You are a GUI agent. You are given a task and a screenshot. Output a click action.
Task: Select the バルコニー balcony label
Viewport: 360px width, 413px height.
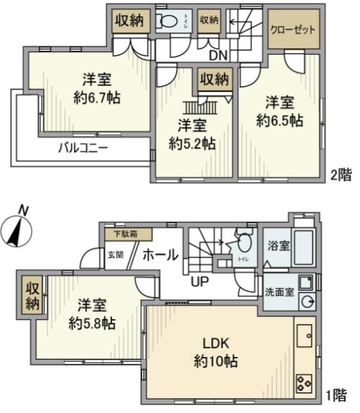coord(83,147)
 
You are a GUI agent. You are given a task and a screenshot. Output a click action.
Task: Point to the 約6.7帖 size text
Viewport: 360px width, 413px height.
coord(98,99)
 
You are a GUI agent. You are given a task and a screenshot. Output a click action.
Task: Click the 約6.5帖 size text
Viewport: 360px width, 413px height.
coord(280,120)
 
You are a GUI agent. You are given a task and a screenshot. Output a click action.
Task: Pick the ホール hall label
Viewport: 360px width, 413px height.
coord(159,254)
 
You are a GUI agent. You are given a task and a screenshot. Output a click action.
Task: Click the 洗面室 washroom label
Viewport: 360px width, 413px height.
coord(280,292)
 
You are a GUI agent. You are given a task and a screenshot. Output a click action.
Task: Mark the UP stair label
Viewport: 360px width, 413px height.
coord(198,280)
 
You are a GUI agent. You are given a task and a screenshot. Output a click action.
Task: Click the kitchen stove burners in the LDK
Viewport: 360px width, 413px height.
coord(304,383)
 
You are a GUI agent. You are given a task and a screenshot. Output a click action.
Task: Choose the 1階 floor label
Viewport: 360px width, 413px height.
coord(341,394)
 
